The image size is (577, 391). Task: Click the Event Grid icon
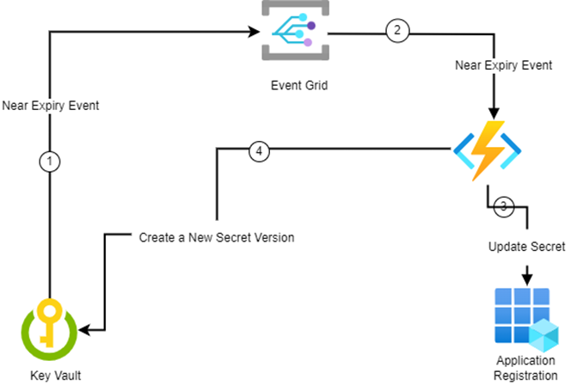pos(292,33)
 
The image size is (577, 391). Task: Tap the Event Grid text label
pos(293,86)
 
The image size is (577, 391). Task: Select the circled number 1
pos(51,162)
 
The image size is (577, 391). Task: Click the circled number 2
pos(396,32)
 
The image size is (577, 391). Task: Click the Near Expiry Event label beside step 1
pos(51,107)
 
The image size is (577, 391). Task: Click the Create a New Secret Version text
pos(217,237)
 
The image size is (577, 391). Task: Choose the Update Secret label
pos(527,247)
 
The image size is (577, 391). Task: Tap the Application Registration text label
pos(526,368)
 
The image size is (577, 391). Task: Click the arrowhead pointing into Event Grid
pos(255,33)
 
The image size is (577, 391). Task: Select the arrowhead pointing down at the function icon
pos(493,113)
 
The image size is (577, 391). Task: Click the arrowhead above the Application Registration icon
pos(526,278)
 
